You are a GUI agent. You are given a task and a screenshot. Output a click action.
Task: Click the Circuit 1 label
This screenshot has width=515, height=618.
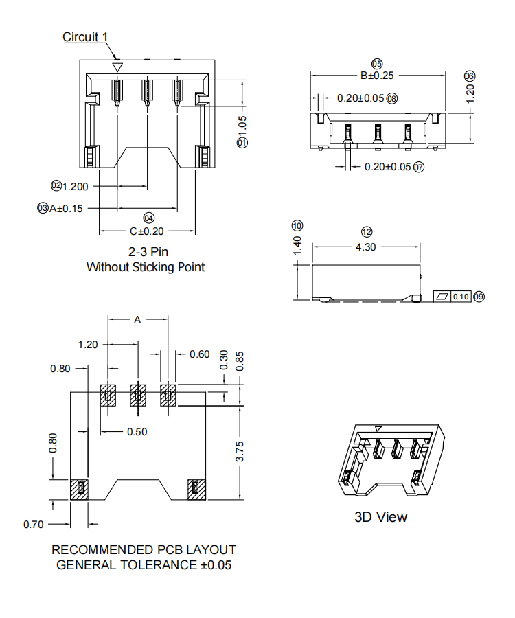point(85,37)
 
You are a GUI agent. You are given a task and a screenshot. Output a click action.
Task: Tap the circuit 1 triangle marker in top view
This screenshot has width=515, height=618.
point(117,67)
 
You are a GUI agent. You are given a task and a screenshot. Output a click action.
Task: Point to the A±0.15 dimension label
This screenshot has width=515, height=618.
point(66,208)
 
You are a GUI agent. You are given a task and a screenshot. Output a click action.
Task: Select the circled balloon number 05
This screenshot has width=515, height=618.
point(377,63)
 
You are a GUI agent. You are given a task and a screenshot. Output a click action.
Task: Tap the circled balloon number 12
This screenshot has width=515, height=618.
point(367,232)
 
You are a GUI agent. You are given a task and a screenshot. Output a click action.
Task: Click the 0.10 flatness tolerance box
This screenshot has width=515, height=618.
point(460,297)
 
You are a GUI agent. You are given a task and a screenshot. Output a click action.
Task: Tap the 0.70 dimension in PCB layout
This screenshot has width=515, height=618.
point(34,525)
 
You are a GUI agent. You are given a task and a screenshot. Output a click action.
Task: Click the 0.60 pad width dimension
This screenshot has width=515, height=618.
point(199,354)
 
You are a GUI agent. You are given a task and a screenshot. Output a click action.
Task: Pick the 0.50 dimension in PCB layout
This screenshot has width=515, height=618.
point(137,432)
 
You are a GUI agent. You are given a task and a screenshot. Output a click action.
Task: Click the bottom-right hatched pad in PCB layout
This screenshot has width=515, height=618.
point(196,488)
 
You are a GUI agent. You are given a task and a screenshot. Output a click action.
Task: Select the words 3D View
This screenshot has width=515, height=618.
point(380,517)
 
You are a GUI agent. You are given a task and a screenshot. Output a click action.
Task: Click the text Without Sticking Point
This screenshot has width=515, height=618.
point(146,266)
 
